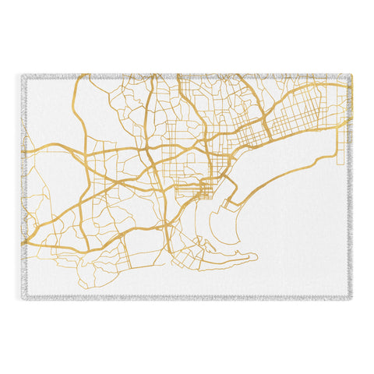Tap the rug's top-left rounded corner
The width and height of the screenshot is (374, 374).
(24, 76)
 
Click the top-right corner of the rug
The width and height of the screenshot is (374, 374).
(353, 76)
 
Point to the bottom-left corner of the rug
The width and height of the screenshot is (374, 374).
(24, 297)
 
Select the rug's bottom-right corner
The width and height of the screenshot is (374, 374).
(353, 297)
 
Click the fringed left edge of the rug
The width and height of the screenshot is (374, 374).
(23, 187)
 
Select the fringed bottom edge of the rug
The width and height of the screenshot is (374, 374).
(187, 298)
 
